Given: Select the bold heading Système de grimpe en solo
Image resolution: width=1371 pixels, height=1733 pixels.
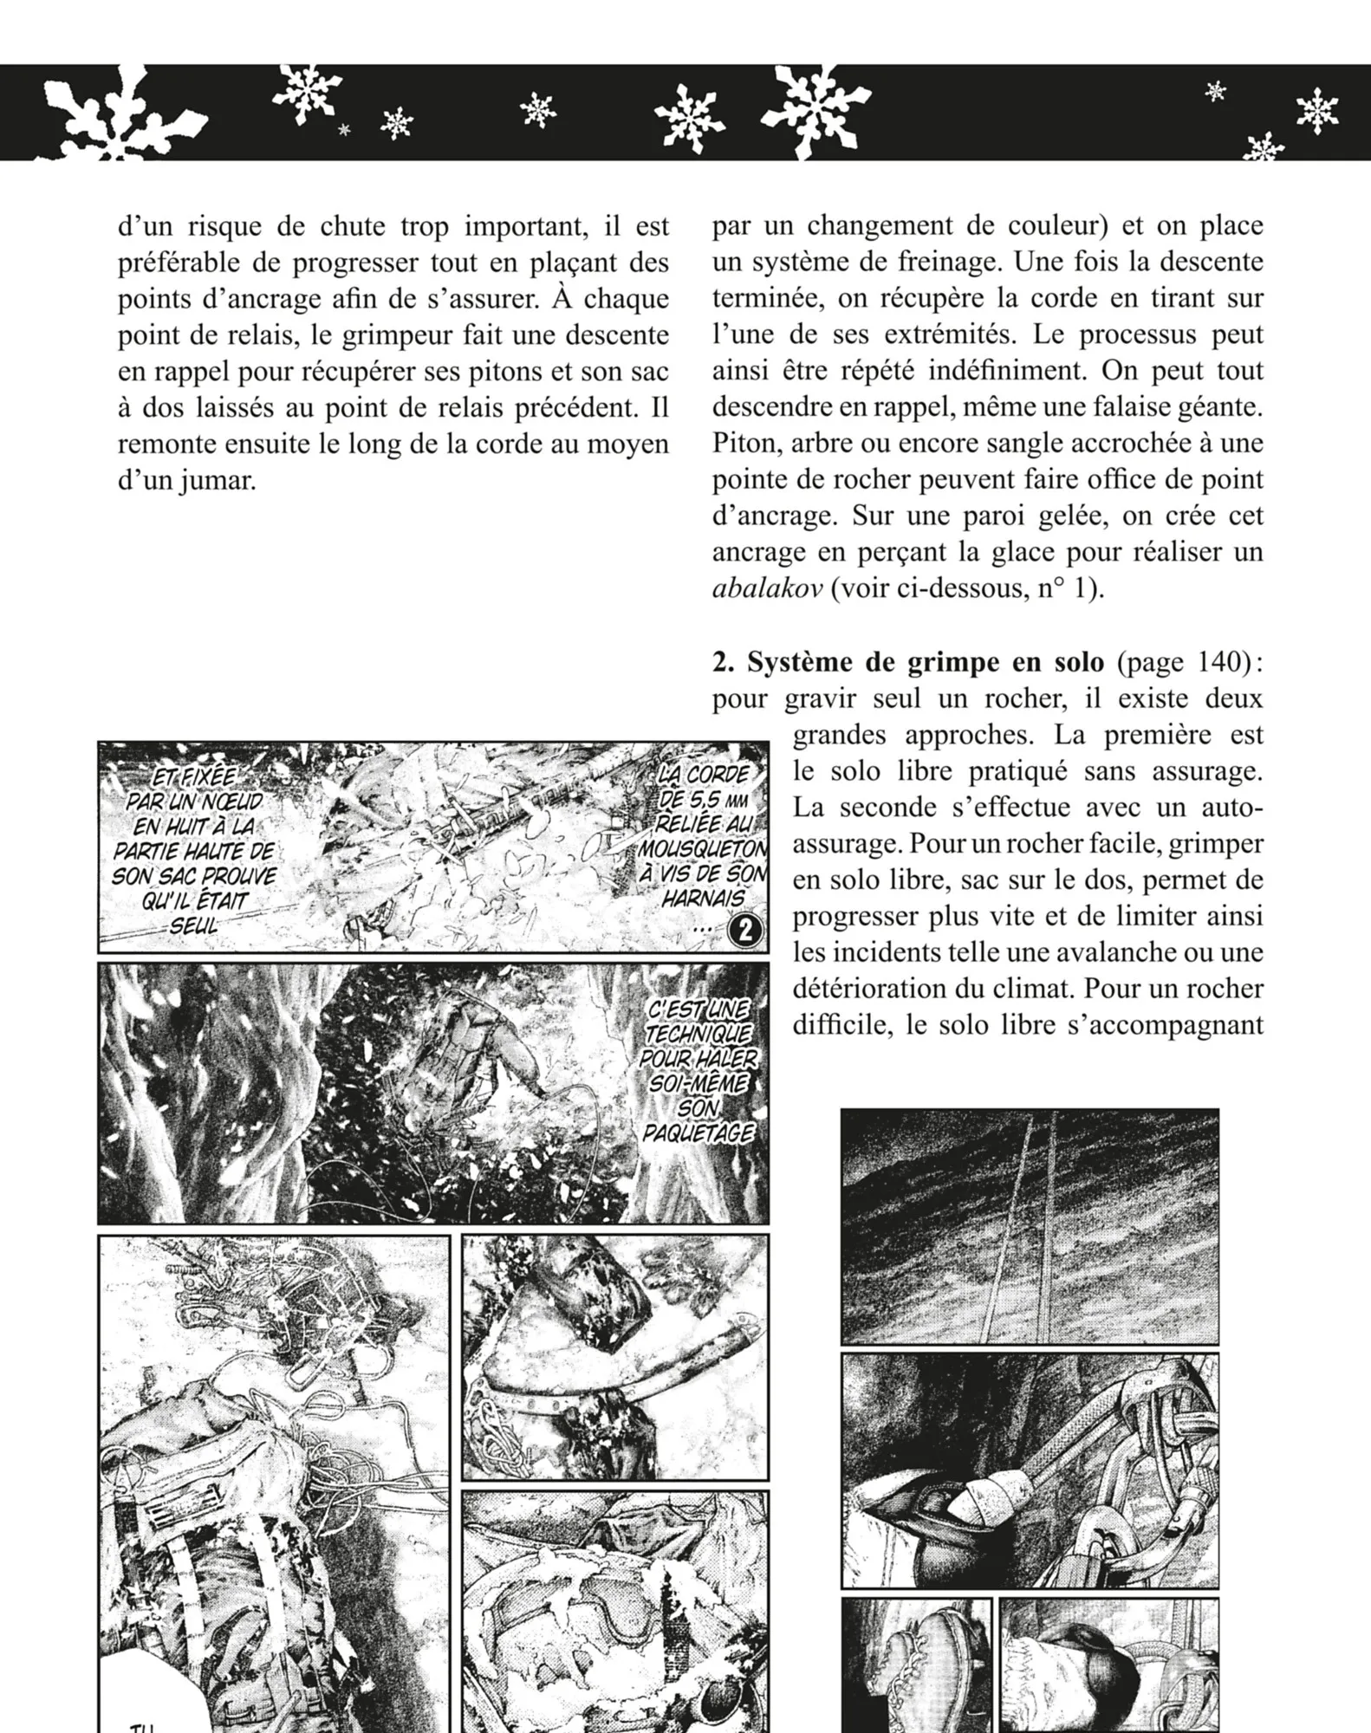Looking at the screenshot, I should [907, 662].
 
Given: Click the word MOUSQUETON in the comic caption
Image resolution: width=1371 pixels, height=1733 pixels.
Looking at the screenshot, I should [702, 847].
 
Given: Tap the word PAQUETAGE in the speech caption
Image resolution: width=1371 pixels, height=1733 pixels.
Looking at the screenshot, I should [698, 1133].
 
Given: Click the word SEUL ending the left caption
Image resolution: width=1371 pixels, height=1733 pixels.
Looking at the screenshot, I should [193, 925].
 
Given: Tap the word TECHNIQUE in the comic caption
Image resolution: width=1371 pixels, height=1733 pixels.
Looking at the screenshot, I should [698, 1034].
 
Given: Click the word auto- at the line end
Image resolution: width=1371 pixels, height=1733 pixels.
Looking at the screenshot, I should [1225, 808].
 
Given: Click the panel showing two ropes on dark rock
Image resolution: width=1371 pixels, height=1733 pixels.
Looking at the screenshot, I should [1030, 1226].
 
